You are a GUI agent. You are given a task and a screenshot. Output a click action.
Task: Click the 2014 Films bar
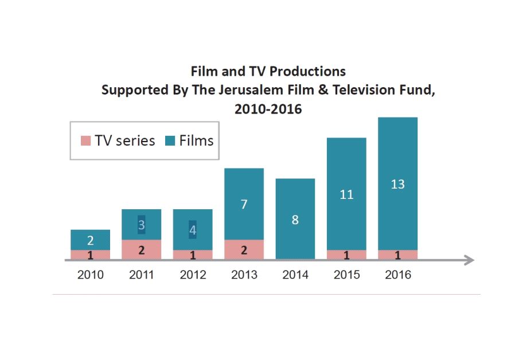[x=295, y=218]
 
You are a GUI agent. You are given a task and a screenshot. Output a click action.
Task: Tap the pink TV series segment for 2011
[x=142, y=249]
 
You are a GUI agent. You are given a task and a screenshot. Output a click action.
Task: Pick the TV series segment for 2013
[x=244, y=249]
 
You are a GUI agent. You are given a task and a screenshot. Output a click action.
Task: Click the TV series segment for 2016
[x=397, y=255]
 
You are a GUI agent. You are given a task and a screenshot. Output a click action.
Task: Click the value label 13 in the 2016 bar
[x=397, y=184]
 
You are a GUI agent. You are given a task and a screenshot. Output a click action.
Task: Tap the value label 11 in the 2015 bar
[x=346, y=195]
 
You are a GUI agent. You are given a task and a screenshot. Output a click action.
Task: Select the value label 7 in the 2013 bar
[x=244, y=204]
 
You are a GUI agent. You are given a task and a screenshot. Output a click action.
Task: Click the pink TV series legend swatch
[x=85, y=140]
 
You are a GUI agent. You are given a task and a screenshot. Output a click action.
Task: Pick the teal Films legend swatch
[x=169, y=140]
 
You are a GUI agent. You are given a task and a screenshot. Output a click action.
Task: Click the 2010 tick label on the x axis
[x=91, y=275]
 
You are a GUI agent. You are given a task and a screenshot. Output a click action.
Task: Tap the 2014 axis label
[x=295, y=275]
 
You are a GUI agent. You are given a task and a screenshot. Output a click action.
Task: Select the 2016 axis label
[x=397, y=275]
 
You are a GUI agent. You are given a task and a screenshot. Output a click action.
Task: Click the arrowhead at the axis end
[x=470, y=260]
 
